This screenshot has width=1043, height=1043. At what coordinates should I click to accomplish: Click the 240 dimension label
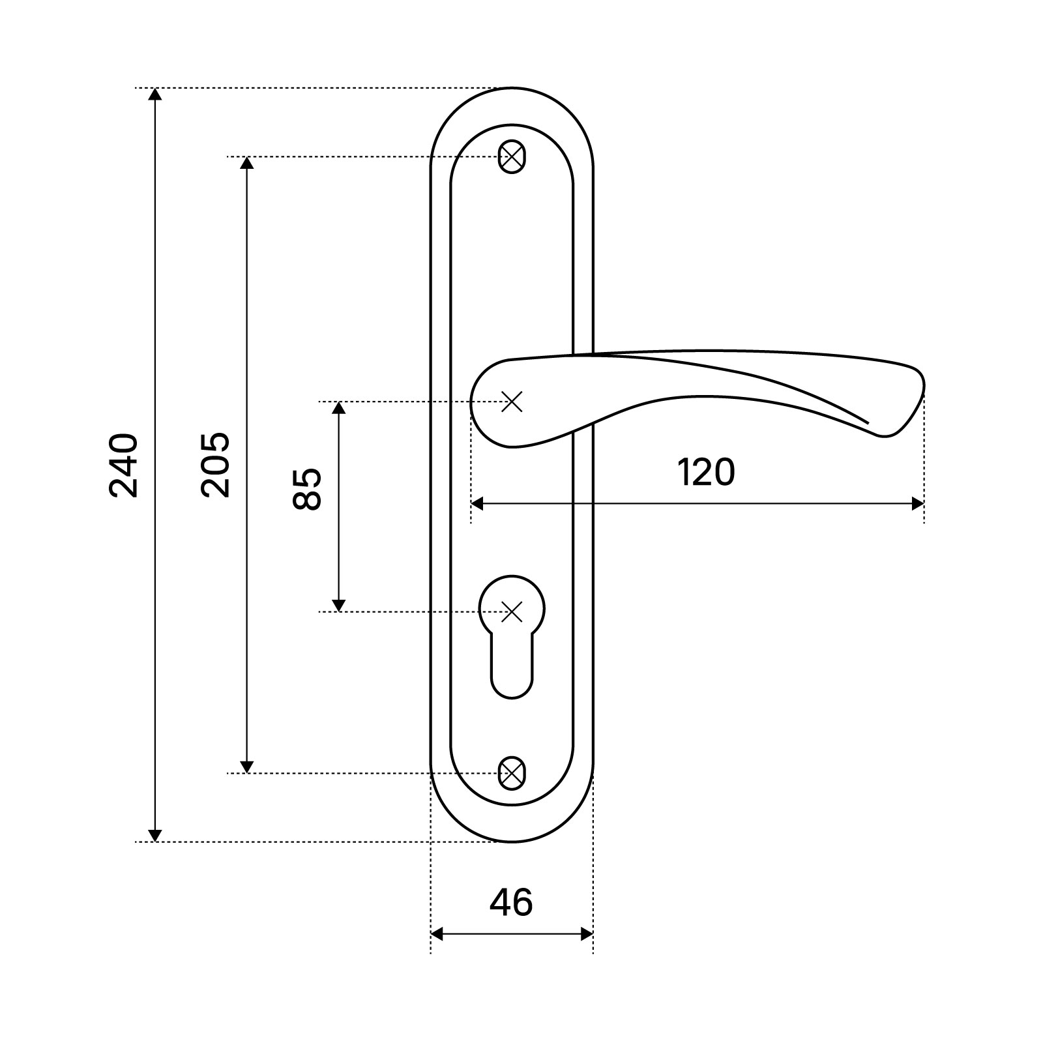click(x=124, y=465)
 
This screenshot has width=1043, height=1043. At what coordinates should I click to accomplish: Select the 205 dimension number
click(x=216, y=465)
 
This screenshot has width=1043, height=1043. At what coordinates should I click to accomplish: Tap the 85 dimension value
click(x=308, y=489)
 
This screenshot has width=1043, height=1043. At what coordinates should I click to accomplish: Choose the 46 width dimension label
click(x=511, y=902)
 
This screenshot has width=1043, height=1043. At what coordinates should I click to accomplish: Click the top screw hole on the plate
click(x=512, y=157)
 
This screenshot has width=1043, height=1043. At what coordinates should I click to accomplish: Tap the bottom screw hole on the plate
click(x=512, y=773)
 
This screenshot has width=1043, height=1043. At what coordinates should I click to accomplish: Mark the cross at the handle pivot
click(x=512, y=402)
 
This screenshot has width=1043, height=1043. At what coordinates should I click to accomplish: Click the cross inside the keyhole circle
click(x=512, y=611)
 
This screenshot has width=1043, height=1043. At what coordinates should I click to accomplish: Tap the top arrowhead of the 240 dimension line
click(x=154, y=95)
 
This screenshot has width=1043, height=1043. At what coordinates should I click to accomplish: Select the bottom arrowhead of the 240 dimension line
click(x=154, y=834)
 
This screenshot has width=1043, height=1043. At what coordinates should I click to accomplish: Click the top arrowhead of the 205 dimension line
click(x=246, y=164)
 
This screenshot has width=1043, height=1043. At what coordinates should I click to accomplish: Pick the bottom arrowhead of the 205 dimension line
click(x=246, y=766)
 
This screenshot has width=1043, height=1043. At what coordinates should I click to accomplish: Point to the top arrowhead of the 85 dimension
click(x=338, y=409)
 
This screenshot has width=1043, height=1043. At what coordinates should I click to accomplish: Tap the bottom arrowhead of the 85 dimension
click(x=338, y=604)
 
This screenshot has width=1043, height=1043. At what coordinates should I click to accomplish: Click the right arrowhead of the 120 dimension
click(x=917, y=504)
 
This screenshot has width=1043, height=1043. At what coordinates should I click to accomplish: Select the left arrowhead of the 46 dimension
click(x=438, y=934)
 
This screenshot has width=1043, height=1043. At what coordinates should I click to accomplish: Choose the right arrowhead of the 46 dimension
click(x=586, y=934)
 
